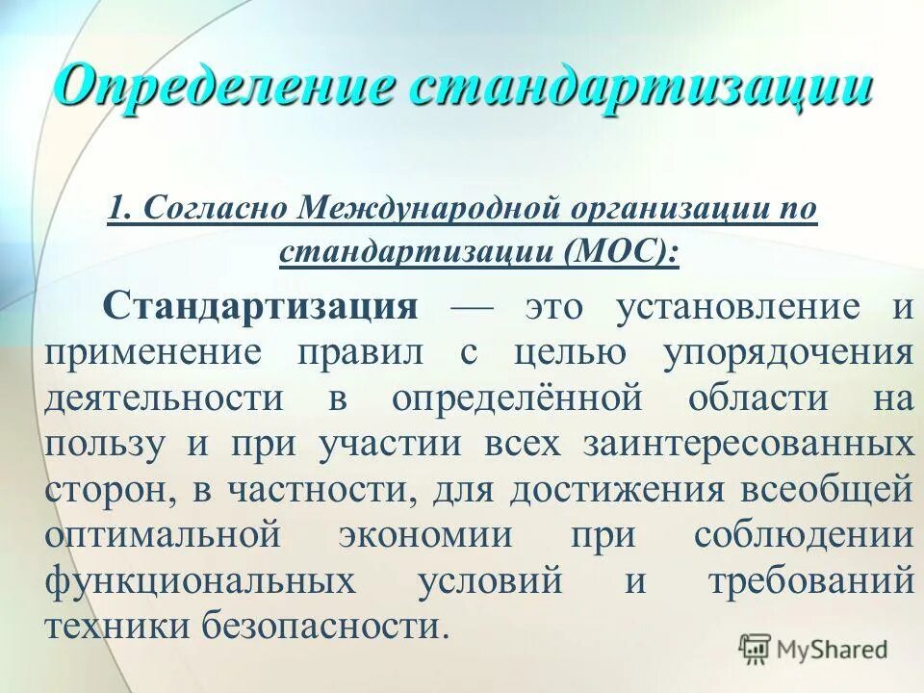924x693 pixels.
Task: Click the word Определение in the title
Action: [222, 87]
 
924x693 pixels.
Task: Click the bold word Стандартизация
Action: [261, 308]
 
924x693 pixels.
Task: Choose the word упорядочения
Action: [787, 353]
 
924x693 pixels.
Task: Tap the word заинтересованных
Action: [747, 445]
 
